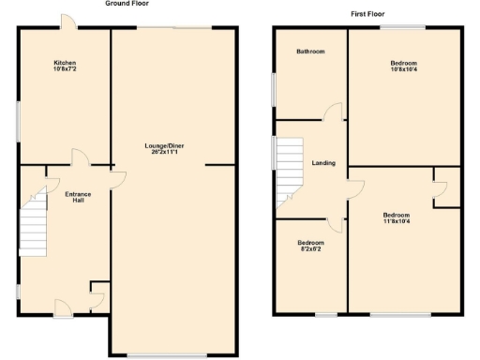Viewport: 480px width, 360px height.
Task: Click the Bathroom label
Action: (x=310, y=52)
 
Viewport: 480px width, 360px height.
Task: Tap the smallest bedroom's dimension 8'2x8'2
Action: (x=309, y=248)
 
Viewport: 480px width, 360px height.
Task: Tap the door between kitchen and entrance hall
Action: (x=80, y=158)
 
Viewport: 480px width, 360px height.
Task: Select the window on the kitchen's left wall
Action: (x=19, y=122)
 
